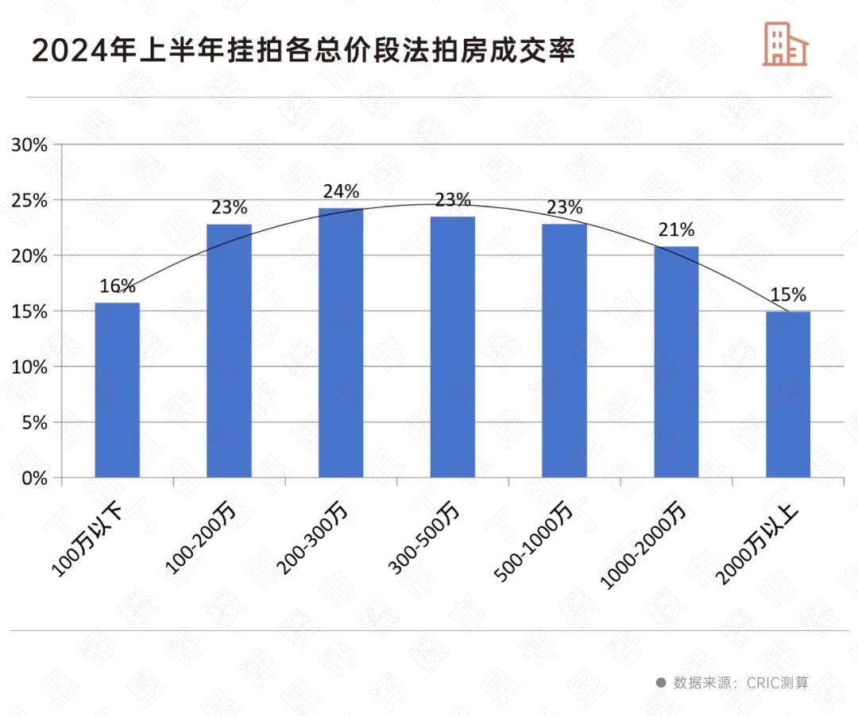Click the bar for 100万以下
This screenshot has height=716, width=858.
pos(117,390)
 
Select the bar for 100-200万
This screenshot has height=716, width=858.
pos(229,351)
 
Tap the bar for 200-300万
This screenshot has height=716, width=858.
pos(341,343)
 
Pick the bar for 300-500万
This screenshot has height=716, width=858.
pos(453,347)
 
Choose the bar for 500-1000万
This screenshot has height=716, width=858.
pos(565,351)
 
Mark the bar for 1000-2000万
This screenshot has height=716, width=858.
pos(677,362)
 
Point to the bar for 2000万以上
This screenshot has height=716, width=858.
pos(788,395)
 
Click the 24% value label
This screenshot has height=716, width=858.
pos(341,192)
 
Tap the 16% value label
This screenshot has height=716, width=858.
pos(118,286)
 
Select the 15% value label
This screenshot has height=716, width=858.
pos(788,295)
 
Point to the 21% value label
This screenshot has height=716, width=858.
pos(677,230)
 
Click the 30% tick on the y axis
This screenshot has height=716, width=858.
pos(29,145)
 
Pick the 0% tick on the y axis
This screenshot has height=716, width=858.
pos(34,479)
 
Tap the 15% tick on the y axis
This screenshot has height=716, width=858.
pos(29,312)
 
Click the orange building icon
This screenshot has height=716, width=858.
pos(784,44)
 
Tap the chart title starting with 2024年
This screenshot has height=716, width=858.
pos(303,50)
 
